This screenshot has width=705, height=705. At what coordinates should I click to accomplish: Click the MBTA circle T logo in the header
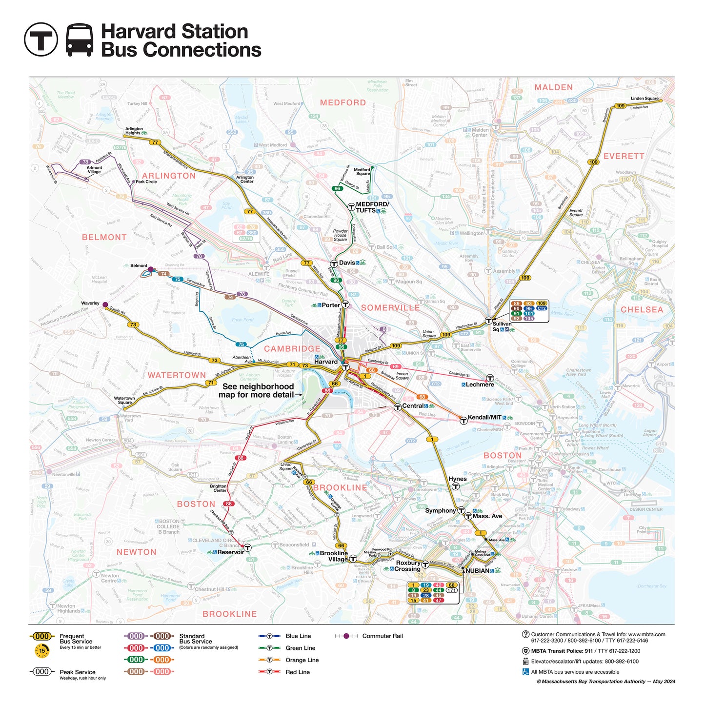tap(41, 39)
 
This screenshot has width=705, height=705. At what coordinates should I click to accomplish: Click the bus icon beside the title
tap(80, 40)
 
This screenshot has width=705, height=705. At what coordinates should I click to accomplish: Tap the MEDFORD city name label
tap(342, 102)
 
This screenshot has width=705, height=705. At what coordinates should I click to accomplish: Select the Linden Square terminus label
tap(644, 98)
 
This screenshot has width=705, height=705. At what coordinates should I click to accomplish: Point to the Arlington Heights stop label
tap(134, 131)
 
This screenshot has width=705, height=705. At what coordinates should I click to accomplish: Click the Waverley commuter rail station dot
tap(105, 304)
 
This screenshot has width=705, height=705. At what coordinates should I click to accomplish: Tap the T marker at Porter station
tap(345, 305)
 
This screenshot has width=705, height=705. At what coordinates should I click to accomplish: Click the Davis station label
tap(347, 263)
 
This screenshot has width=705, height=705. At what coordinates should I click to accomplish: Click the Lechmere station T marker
tap(490, 378)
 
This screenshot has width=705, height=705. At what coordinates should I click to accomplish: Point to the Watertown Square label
tap(124, 400)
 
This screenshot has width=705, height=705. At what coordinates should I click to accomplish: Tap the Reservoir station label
tap(230, 552)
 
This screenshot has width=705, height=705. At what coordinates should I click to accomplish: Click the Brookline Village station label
tap(334, 556)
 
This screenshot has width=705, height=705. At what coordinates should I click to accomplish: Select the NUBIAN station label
tap(477, 571)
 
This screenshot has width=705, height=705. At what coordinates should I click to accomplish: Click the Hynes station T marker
tap(455, 486)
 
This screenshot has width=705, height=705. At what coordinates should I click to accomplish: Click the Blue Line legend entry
tap(298, 636)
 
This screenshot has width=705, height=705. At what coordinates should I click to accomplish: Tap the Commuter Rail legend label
tap(383, 636)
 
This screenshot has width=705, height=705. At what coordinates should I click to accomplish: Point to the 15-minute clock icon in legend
tap(42, 651)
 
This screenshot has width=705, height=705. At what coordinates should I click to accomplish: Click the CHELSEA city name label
tap(642, 310)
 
